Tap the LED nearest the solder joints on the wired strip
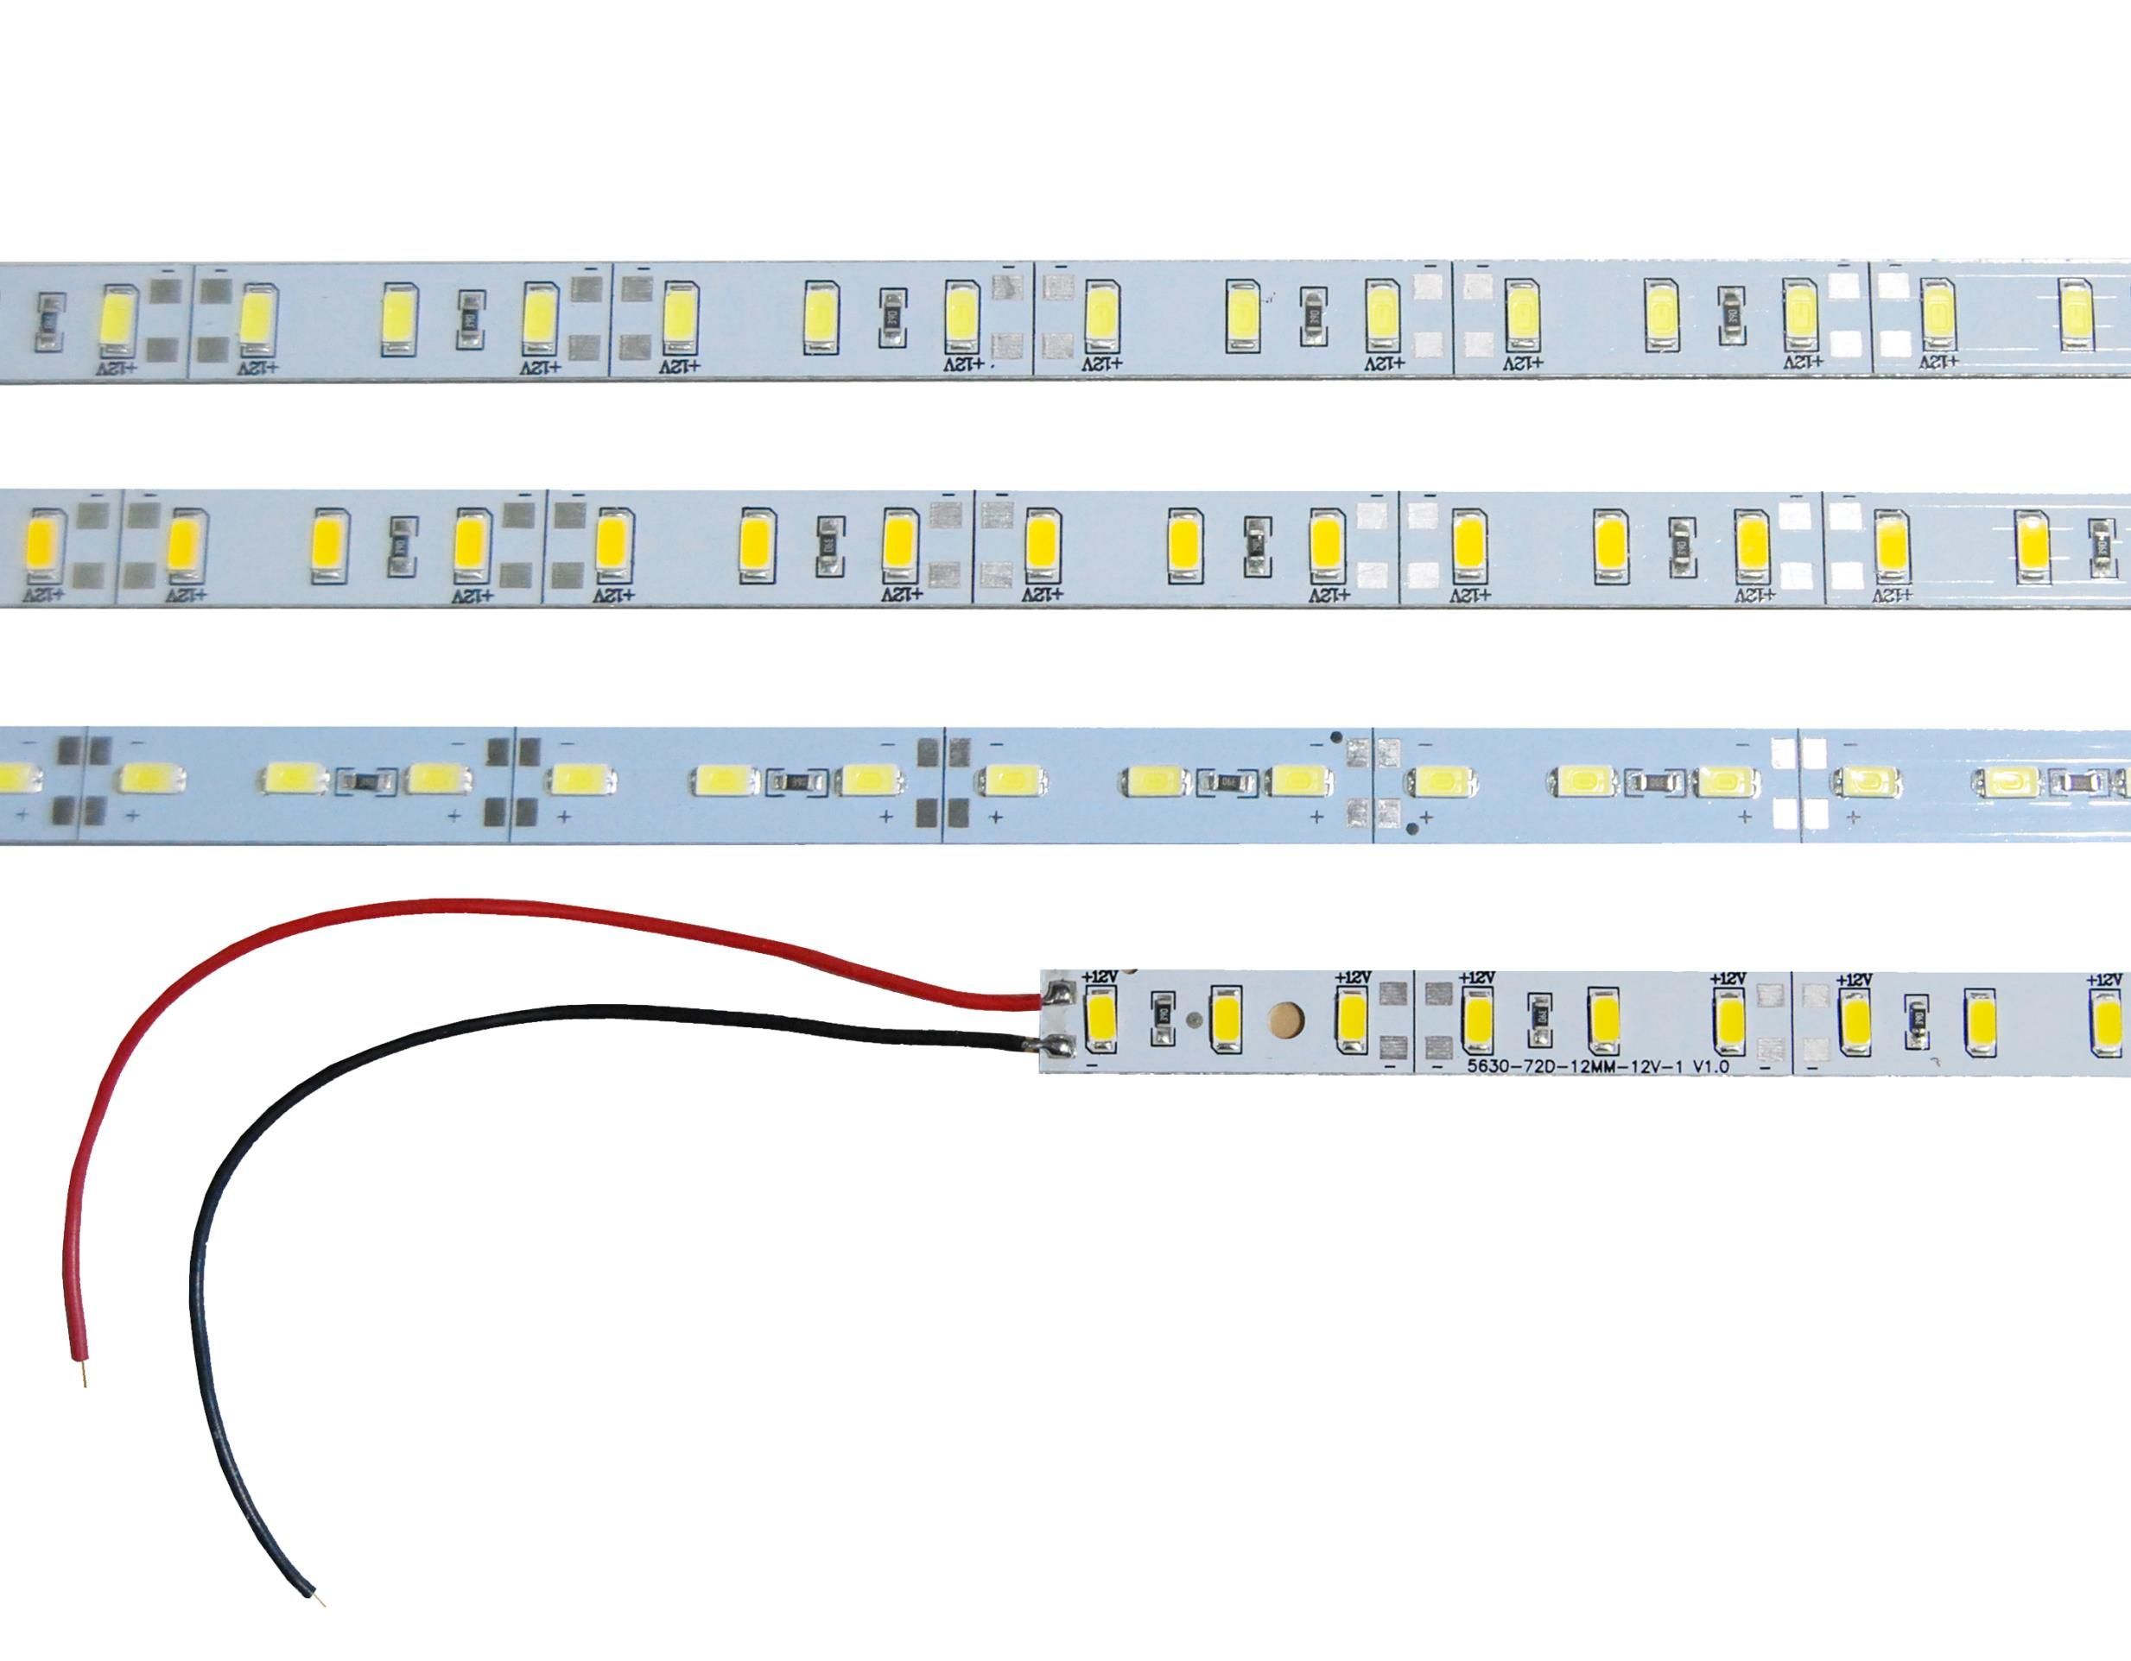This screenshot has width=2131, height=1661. pyautogui.click(x=1100, y=1023)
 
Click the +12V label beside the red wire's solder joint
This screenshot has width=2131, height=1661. pyautogui.click(x=1100, y=976)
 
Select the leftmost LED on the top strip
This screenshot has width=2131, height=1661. pyautogui.click(x=121, y=318)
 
